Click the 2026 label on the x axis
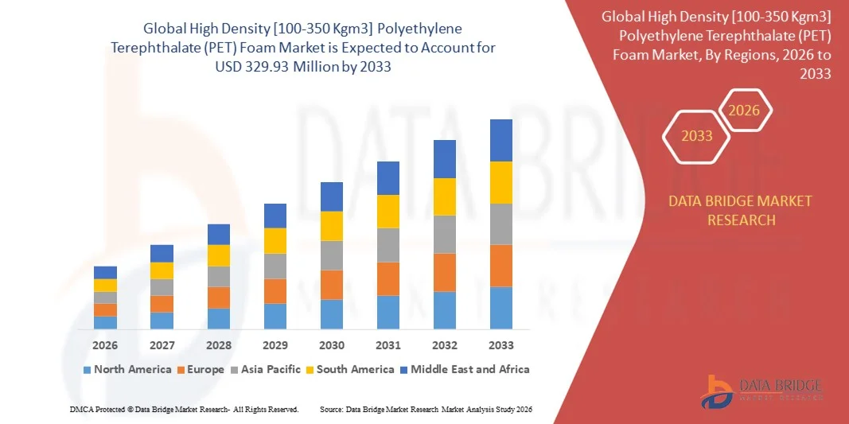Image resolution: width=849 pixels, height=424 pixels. (105, 345)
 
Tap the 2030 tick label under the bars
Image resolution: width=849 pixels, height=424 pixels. (332, 345)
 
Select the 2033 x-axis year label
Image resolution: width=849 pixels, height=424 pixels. (501, 345)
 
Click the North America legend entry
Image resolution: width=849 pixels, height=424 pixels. (127, 369)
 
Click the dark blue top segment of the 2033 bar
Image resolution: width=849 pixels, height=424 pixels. (501, 140)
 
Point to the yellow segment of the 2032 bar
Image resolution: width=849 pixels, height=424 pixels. (445, 196)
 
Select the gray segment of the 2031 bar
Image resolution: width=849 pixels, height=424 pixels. (388, 245)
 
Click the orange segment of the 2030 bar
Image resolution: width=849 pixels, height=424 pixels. (332, 285)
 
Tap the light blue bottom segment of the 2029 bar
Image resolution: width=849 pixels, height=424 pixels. (275, 316)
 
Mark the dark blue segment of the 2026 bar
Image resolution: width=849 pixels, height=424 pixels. (105, 272)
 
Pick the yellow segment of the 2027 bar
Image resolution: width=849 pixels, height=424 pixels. (162, 270)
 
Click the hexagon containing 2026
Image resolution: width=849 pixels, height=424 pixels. (744, 111)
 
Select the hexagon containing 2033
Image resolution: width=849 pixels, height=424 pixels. (697, 136)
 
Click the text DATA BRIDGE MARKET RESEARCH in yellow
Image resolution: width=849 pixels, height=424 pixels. (741, 210)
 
